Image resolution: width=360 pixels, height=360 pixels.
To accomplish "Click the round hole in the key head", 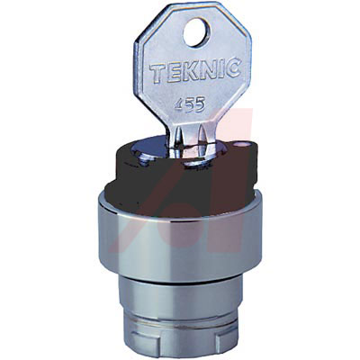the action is (x=195, y=32).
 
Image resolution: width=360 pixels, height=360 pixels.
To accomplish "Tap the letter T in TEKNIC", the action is (x=157, y=71).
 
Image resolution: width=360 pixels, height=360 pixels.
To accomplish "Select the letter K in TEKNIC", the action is (x=188, y=70).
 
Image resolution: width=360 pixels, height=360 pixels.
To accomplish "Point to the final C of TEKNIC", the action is (x=232, y=68).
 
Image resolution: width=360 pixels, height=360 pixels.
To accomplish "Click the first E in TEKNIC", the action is (x=173, y=71).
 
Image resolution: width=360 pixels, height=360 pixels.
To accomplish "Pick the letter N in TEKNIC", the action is (x=206, y=69).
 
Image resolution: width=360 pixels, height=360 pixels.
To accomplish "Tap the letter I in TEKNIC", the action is (x=220, y=68).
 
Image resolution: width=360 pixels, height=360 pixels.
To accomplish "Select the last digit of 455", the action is (x=200, y=105).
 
